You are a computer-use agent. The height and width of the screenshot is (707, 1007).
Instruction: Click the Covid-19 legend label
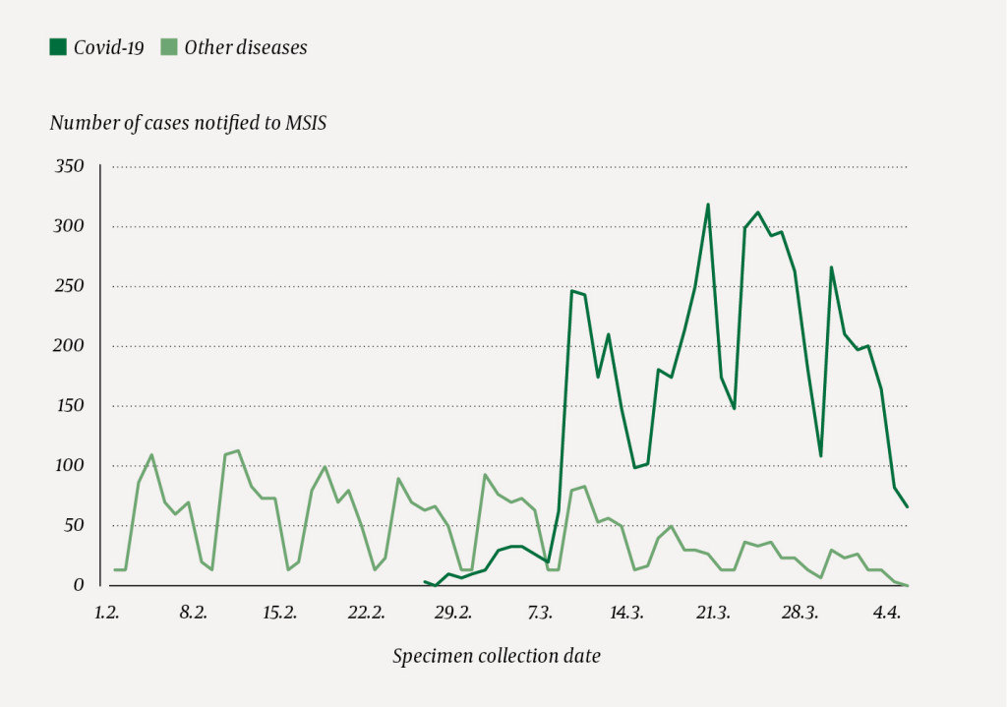point(108,47)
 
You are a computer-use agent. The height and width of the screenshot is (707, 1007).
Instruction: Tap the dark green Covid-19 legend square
point(58,47)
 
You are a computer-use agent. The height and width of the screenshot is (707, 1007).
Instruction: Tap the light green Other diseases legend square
point(168,47)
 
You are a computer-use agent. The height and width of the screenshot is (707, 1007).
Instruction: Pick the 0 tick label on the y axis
point(79,585)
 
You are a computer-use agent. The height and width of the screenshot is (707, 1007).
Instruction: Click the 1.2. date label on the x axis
point(106,613)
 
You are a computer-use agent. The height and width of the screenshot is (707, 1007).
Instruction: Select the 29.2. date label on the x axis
point(452,613)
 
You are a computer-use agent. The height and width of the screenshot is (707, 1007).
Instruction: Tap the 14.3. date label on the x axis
point(626,613)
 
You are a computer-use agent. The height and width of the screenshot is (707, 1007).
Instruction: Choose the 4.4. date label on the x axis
point(886,613)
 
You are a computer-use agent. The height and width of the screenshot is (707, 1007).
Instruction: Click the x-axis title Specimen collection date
point(496,656)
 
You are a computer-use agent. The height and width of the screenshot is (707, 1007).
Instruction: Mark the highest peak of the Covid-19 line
point(708,205)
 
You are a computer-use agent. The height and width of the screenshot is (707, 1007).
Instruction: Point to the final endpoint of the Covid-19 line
point(907,506)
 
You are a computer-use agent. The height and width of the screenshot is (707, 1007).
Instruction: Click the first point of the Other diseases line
point(114,569)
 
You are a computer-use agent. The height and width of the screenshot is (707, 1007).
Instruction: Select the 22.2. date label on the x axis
point(366,613)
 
